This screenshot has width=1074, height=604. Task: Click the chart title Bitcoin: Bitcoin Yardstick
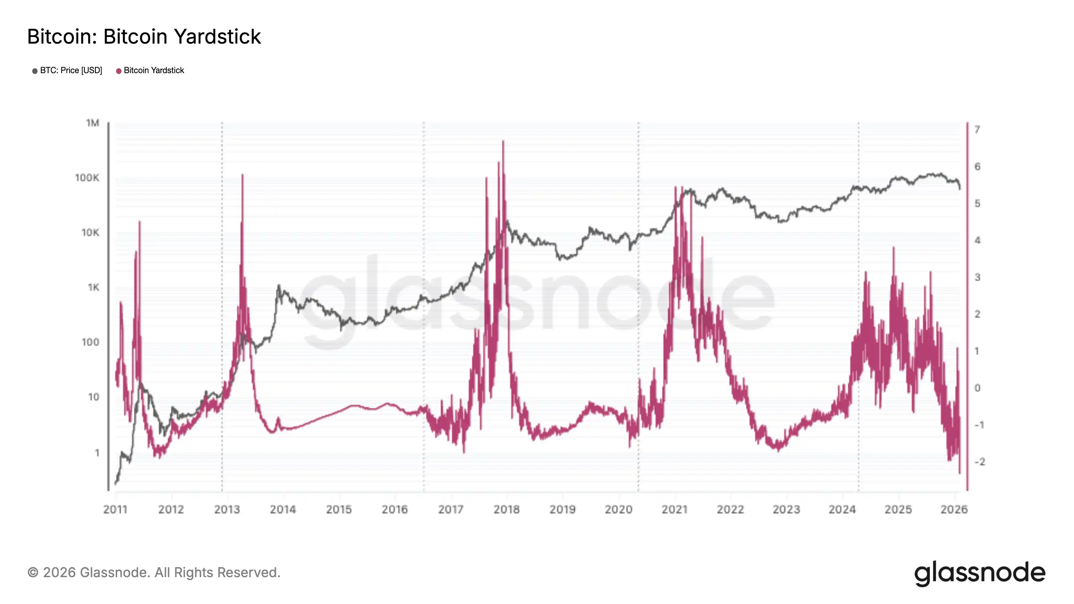click(x=144, y=37)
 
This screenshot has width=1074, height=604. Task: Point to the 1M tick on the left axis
click(x=93, y=123)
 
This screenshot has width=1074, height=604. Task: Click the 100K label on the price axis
click(x=87, y=178)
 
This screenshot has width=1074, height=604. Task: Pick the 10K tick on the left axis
click(x=90, y=233)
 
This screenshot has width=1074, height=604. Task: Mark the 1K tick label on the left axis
click(x=93, y=287)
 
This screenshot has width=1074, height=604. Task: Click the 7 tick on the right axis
click(x=977, y=130)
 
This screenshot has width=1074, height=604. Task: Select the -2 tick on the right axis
click(x=979, y=461)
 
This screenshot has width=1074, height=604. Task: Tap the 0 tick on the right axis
click(x=977, y=388)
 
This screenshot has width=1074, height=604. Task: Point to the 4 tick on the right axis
click(x=977, y=241)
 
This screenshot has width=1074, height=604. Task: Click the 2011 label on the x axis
click(x=115, y=509)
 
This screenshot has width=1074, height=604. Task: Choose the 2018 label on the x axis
click(x=506, y=509)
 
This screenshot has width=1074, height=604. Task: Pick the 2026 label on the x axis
click(x=954, y=509)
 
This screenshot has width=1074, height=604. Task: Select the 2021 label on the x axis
click(x=674, y=509)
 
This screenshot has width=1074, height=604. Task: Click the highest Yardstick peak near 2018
click(x=503, y=141)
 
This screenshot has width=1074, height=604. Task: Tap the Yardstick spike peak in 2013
click(x=242, y=174)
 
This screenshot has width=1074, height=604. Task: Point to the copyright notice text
click(x=154, y=572)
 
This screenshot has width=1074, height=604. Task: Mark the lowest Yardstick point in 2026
click(x=959, y=473)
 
